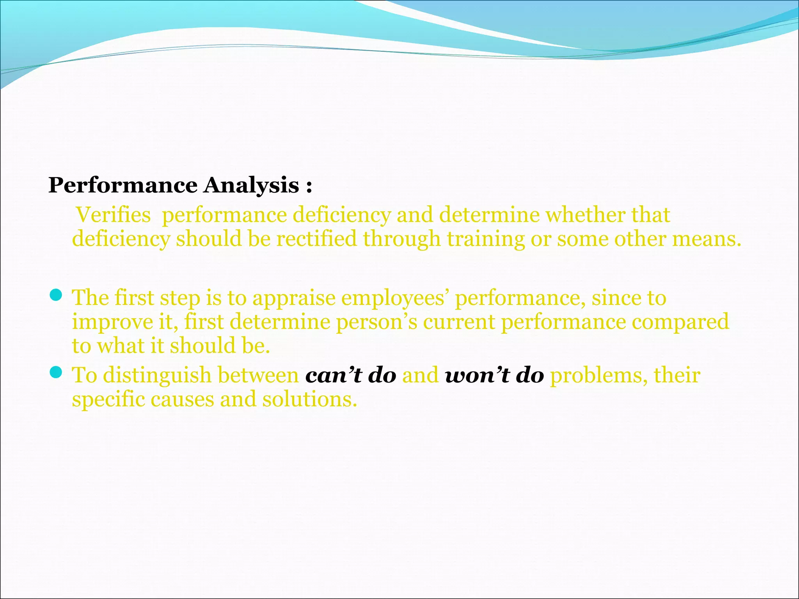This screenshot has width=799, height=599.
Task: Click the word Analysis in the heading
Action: pyautogui.click(x=251, y=185)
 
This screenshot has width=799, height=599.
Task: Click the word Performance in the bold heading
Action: pyautogui.click(x=123, y=185)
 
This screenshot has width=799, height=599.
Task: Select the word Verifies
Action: pyautogui.click(x=114, y=215)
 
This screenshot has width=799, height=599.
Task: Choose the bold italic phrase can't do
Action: pyautogui.click(x=351, y=375)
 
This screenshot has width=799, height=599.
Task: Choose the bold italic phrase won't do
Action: pyautogui.click(x=494, y=375)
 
